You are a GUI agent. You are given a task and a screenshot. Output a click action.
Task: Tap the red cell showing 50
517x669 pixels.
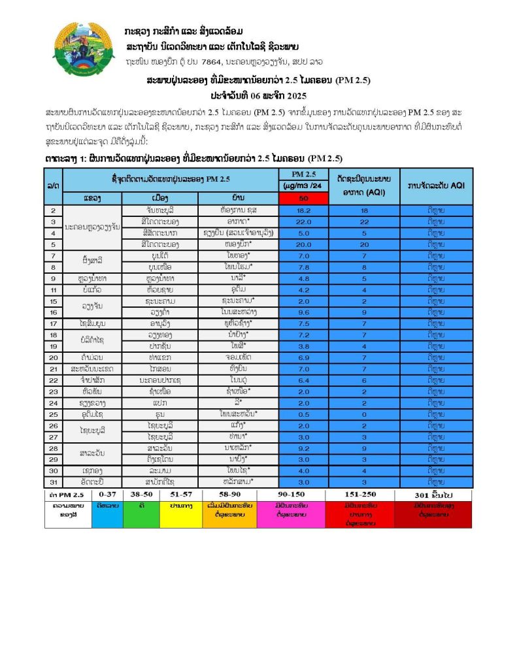pos(303,198)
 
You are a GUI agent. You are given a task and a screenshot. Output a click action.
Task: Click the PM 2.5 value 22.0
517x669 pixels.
pos(303,222)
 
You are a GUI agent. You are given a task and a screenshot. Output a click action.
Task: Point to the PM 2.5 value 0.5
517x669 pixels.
pos(303,414)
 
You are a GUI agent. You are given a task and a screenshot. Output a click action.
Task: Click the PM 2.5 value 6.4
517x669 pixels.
pos(303,380)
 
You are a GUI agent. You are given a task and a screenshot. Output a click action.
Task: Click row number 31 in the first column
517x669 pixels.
pos(54,481)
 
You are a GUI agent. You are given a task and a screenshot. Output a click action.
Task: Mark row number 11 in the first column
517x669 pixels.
pos(54,289)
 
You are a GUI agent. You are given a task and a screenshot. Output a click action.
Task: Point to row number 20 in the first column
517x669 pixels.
pos(54,357)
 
